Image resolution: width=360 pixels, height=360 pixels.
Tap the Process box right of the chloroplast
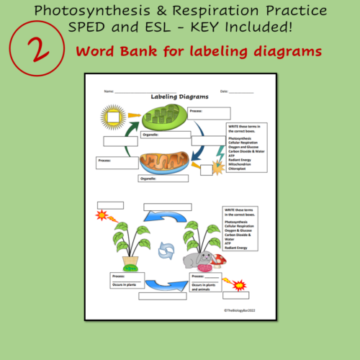click(210, 113)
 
